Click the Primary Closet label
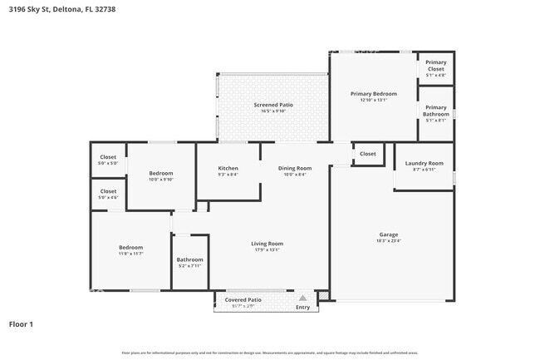tap(435, 67)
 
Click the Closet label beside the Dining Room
tap(368, 154)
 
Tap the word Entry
tap(302, 308)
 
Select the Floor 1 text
tap(22, 323)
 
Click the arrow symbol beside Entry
tap(303, 297)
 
